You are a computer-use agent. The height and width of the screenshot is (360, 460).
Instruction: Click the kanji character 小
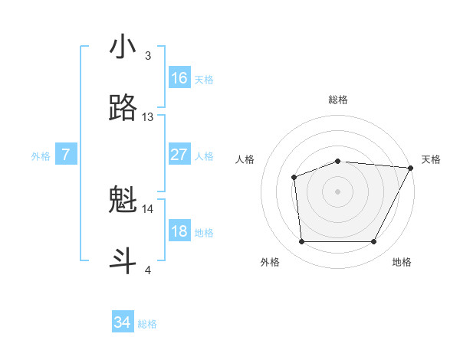point(123,47)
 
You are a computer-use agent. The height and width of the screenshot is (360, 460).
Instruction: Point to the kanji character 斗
point(123,260)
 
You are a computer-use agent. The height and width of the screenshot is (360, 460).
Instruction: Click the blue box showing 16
point(179,78)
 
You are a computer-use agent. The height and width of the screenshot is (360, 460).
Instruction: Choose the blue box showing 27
point(179,155)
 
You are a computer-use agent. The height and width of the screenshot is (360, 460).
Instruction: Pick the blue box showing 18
point(179,231)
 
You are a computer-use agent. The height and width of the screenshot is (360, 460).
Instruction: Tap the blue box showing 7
point(66,155)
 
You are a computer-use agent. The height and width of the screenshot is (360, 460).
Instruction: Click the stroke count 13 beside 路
point(148,117)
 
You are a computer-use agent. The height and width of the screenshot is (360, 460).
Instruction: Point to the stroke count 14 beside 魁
point(148,208)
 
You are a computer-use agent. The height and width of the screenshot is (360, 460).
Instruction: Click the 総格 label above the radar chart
point(338,100)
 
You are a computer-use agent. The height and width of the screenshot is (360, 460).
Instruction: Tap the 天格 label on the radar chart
point(431,159)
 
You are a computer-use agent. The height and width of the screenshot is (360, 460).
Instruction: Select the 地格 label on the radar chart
point(402,262)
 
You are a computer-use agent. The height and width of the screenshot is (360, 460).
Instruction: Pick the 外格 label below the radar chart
point(270,262)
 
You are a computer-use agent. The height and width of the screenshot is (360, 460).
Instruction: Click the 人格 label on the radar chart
point(245,159)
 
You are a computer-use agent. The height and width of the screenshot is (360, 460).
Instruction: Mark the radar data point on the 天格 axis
point(412,168)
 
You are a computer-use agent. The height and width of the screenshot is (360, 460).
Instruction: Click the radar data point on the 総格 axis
point(338,161)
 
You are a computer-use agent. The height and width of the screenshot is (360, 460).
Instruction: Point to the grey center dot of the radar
point(338,191)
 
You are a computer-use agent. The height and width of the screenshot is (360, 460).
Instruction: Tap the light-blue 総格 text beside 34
point(147,324)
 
